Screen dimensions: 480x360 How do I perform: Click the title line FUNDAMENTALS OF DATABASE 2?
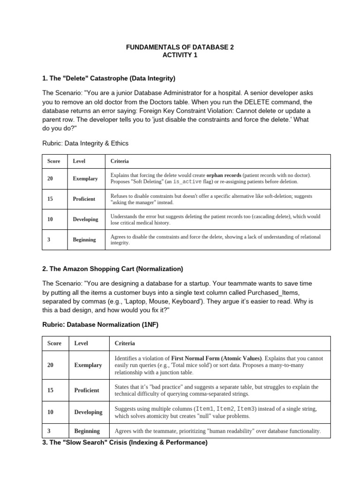tap(180, 47)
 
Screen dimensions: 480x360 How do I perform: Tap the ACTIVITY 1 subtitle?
tap(180, 55)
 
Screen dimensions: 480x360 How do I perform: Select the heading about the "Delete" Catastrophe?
tap(109, 78)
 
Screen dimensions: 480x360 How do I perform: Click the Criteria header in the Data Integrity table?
tap(120, 161)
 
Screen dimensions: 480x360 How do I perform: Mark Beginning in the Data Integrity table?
tap(84, 240)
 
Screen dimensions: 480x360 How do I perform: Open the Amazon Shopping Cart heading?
tap(112, 269)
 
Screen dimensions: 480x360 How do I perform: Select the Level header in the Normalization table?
tap(82, 343)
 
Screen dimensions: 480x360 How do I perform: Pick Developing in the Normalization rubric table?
tap(88, 412)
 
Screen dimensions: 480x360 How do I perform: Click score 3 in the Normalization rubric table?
tap(50, 431)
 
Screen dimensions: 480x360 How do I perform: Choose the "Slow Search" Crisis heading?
tap(125, 442)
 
